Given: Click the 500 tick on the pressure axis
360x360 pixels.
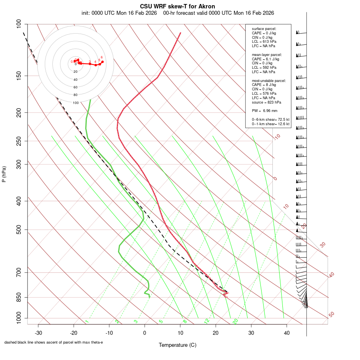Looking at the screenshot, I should pos(19,230).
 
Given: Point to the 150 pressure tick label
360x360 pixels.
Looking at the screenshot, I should pos(19,76).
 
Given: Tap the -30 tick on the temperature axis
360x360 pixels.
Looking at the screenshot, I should pos(38,333).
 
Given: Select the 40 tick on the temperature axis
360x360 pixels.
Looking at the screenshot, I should pos(286,333).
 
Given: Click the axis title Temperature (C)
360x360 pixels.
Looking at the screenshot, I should pos(178,345).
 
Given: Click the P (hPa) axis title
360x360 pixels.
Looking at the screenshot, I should pos(4,174).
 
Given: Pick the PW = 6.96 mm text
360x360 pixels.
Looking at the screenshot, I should pos(264,110).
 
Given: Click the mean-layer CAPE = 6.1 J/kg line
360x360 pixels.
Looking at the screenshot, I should pos(266,59).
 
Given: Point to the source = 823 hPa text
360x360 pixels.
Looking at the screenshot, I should pos(266,102).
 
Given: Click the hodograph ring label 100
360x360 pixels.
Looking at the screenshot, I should pos(76,103).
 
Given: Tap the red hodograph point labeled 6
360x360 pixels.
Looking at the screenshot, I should pos(102,62).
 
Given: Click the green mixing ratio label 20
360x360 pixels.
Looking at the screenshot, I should pos(235,321).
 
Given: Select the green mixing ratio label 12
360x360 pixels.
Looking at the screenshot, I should pos(207,321).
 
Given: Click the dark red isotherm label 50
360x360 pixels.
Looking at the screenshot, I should pos(331,315).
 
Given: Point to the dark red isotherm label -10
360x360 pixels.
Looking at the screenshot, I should pos(277,137).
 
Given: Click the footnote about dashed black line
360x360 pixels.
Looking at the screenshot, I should pos(54,342).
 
